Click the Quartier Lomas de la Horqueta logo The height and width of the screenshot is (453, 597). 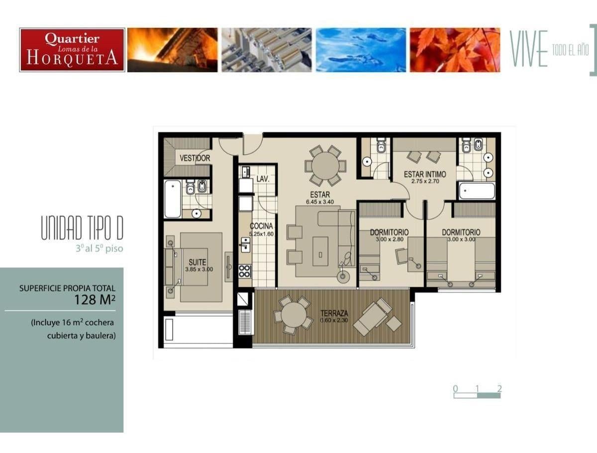point(72,50)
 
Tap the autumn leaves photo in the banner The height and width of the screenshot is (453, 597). point(455,50)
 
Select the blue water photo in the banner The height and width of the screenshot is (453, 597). point(361,50)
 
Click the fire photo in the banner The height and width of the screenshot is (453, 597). point(173,50)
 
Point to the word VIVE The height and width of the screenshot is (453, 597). point(528,49)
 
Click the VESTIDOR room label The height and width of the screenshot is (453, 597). point(195,158)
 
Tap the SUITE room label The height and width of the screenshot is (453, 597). point(198,262)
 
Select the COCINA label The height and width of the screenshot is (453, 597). point(261,226)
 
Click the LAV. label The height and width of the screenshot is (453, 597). point(263,179)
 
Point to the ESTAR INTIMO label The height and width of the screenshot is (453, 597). point(425,174)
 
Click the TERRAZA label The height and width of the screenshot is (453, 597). point(334,313)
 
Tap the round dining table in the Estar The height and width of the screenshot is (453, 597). point(325,166)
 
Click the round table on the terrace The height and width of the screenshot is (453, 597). point(294,315)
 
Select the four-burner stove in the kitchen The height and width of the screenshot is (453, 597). point(245,271)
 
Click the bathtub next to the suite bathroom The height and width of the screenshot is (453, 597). point(173,199)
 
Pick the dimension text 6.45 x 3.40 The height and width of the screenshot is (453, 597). point(320,202)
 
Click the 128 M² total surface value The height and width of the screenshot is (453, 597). point(95,300)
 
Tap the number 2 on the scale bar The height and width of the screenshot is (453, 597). point(499,388)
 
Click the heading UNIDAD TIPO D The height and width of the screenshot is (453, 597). point(82,227)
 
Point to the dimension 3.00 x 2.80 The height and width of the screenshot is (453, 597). point(390,239)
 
